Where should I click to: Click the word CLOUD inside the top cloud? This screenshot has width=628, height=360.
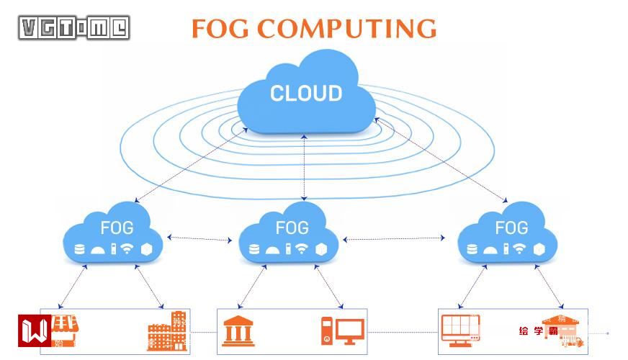point(306,94)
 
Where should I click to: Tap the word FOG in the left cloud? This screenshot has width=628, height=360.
point(117,228)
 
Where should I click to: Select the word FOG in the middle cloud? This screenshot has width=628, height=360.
point(292,228)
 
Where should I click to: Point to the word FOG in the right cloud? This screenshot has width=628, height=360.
point(511,228)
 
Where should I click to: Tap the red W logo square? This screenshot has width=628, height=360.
point(35,332)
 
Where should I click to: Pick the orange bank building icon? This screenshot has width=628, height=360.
point(238,331)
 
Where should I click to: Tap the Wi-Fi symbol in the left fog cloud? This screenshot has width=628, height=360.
point(127,249)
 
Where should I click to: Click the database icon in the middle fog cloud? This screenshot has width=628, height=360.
point(254,249)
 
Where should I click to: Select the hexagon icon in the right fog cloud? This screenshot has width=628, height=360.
point(539,249)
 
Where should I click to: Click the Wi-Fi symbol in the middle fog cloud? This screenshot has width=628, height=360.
point(302,249)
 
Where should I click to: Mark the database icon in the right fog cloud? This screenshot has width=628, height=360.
point(472,249)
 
